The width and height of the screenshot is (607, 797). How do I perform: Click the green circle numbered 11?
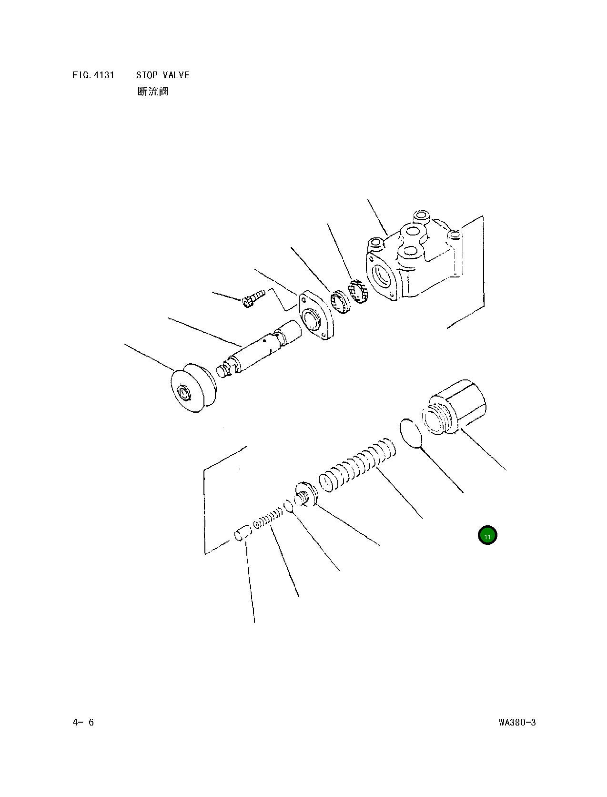tap(487, 535)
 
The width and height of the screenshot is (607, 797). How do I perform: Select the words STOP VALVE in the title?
tap(162, 75)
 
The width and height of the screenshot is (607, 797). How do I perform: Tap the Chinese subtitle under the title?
tap(152, 91)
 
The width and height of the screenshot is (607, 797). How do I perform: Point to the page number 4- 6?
tap(83, 722)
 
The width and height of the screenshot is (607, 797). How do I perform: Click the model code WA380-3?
tap(517, 722)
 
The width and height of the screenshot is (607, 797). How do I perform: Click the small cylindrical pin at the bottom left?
tap(243, 533)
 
